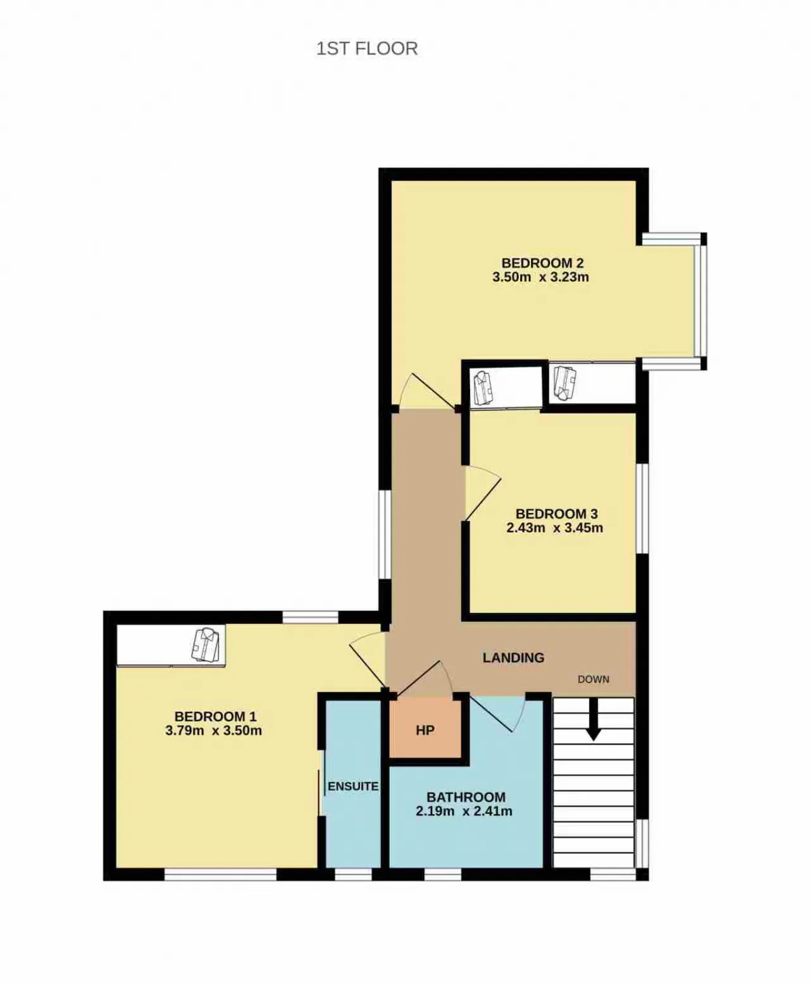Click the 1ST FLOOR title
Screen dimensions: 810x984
367,49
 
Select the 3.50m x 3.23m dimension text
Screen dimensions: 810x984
540,277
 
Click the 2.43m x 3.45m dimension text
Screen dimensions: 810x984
555,527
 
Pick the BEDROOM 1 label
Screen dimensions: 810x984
216,716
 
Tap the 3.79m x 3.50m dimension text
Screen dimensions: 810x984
214,731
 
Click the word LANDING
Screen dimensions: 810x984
513,657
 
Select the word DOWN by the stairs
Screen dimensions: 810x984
594,679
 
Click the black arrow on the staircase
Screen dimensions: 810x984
594,719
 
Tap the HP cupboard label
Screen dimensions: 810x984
425,731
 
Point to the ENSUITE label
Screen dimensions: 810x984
353,786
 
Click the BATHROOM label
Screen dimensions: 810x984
466,797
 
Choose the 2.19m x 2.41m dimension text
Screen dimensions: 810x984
464,811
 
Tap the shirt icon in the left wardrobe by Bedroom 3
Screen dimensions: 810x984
482,388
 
